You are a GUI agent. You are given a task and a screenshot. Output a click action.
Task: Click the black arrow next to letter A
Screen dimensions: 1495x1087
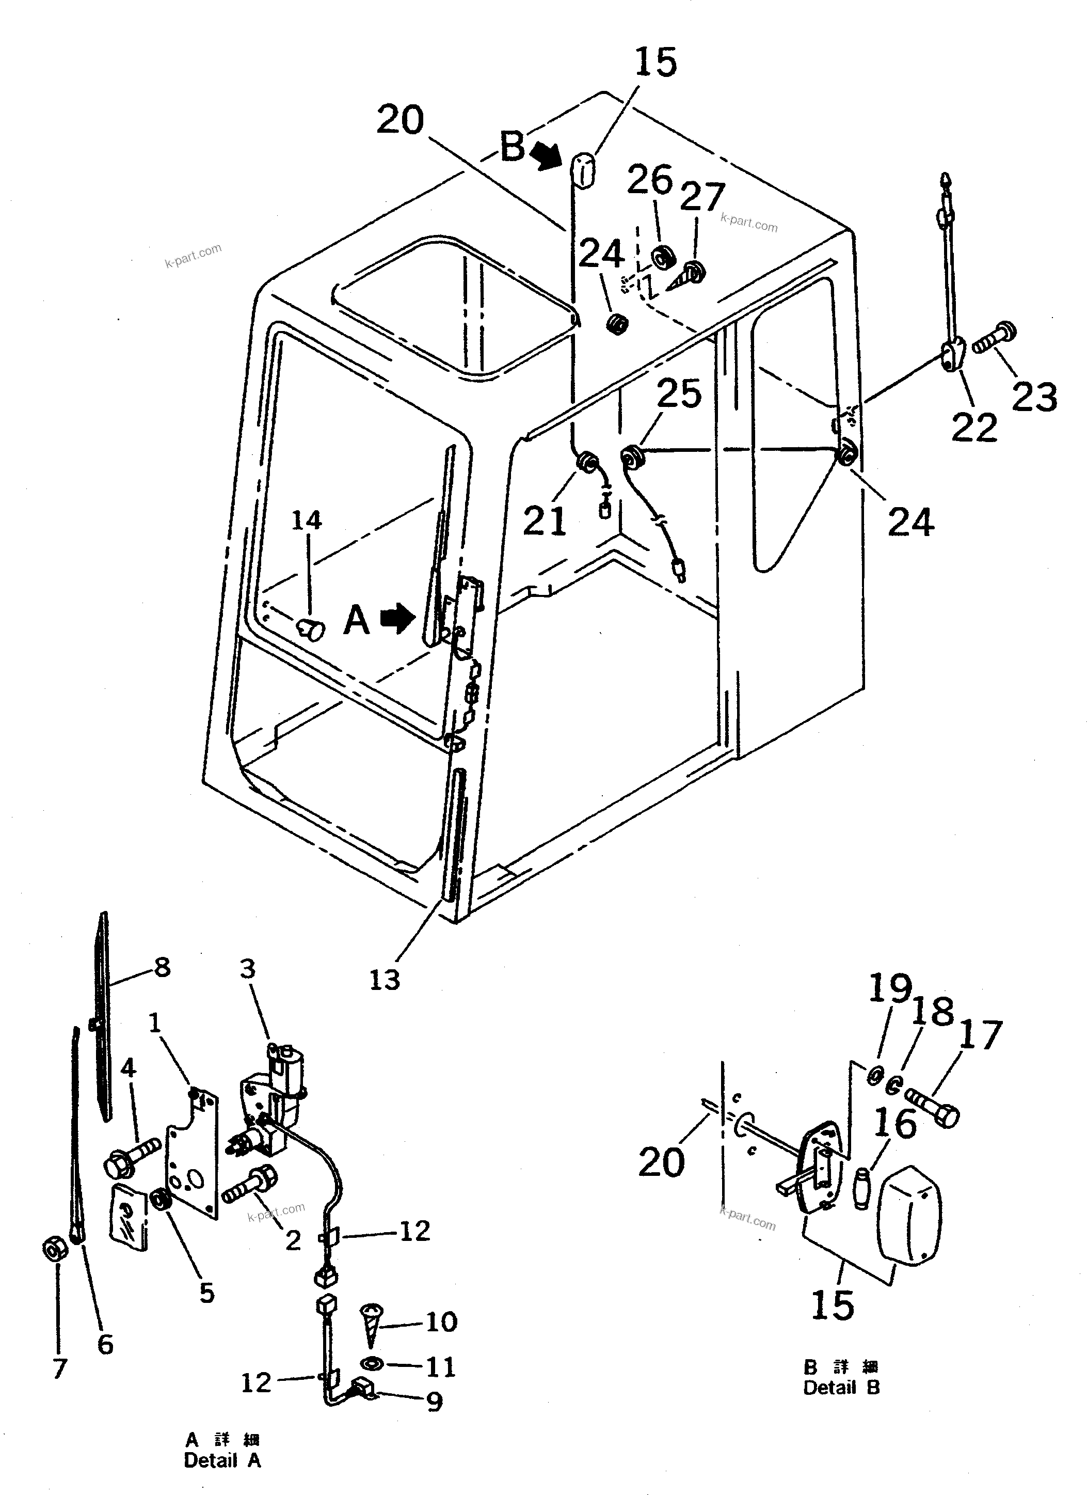click(398, 619)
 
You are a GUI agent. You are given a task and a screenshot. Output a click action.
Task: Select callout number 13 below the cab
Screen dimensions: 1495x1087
click(384, 980)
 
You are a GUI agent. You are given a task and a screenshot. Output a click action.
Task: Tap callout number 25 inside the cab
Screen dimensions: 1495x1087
click(679, 394)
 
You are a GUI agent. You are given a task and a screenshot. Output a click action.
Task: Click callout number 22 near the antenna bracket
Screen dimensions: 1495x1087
click(973, 428)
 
